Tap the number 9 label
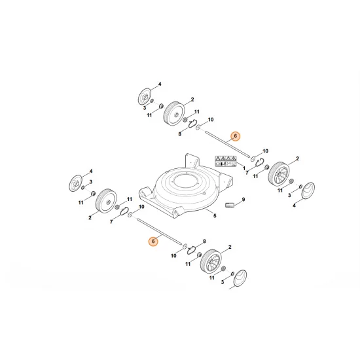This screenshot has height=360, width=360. click(x=243, y=199)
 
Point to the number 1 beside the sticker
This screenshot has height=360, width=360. click(x=245, y=169)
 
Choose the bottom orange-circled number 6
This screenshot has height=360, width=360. click(x=153, y=242)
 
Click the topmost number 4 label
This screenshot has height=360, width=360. click(x=159, y=84)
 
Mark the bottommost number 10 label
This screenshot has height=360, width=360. click(x=173, y=257)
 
